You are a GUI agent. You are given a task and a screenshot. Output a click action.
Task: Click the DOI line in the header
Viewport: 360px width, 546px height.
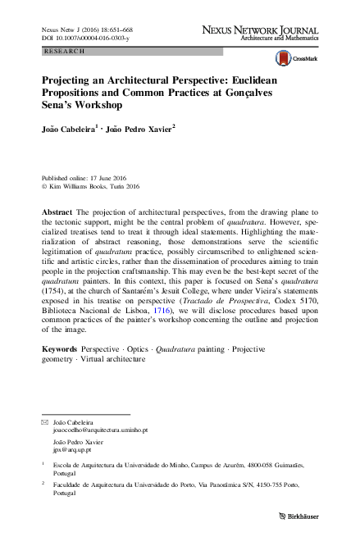point(79,38)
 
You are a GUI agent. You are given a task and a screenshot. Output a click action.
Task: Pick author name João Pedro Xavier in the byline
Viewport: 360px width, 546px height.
point(137,128)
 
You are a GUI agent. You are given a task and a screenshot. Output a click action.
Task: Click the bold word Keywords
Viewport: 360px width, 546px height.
point(61,348)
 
